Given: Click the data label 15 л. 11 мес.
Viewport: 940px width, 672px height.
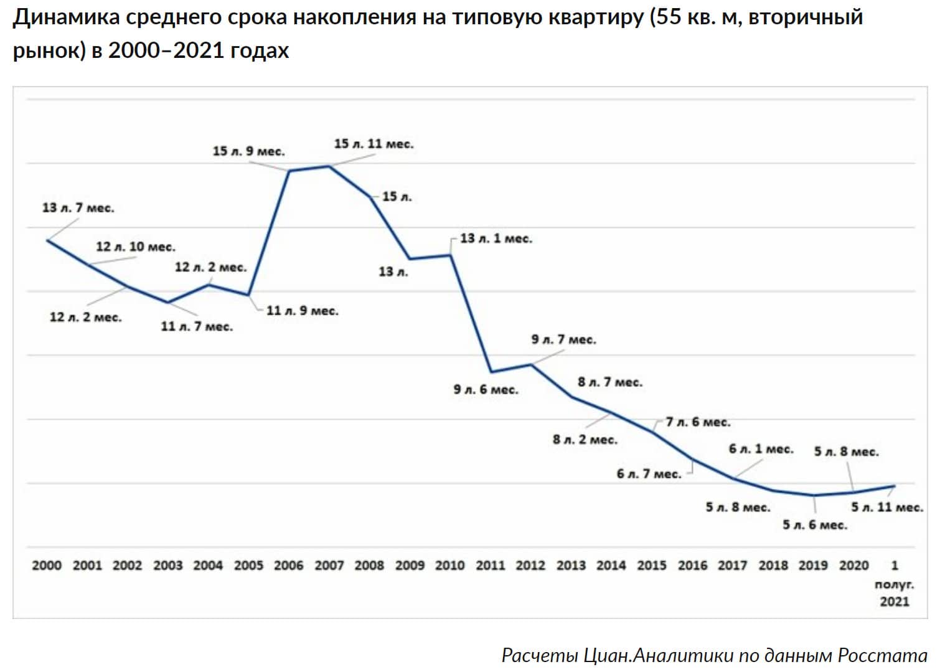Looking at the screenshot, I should (374, 144).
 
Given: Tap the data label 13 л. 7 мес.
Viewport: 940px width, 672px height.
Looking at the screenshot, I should (78, 208).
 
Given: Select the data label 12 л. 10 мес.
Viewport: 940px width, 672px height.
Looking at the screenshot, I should (136, 247).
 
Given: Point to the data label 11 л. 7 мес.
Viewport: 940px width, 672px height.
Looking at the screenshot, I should (197, 326).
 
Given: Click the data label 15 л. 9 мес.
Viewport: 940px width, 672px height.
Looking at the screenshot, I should (248, 151).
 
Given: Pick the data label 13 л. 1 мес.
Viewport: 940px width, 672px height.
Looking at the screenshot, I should (496, 239).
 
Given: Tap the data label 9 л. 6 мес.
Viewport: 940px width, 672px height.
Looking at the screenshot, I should (486, 390).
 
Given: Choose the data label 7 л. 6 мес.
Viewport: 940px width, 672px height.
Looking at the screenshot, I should (698, 422).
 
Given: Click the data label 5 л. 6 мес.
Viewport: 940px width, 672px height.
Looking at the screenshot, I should (815, 525).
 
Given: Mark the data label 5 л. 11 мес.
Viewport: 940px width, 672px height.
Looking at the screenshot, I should (887, 508).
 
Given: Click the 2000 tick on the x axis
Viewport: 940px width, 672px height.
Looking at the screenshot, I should (47, 566).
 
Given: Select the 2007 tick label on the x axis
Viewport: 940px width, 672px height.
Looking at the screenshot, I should (329, 566).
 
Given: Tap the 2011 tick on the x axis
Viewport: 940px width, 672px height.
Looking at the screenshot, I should (491, 566).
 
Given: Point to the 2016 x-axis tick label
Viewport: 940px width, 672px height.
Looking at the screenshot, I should (692, 566).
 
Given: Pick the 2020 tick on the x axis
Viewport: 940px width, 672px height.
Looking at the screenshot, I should (853, 566).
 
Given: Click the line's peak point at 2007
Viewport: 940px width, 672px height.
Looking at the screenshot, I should (329, 166).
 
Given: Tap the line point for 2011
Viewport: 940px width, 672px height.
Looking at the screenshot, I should (491, 372).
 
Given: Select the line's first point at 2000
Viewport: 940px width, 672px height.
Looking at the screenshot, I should (47, 240).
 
